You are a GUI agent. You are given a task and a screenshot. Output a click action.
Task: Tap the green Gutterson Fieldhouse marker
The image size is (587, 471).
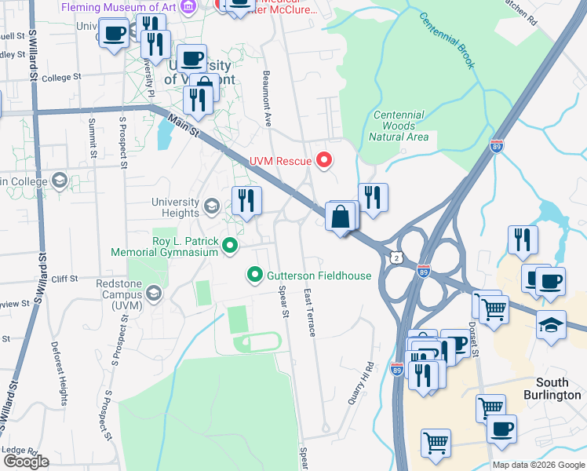tap(254, 275)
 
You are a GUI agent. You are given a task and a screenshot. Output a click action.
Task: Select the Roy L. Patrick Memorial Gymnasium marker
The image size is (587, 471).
tap(230, 246)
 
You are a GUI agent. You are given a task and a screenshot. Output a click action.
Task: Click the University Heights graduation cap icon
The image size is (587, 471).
tap(211, 206)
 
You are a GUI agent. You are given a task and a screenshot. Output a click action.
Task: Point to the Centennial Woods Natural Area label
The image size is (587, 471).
tap(399, 126)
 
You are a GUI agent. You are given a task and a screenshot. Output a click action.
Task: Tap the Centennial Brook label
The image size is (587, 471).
tap(446, 40)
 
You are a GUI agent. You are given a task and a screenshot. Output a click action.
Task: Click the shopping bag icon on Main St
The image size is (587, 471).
tap(341, 217)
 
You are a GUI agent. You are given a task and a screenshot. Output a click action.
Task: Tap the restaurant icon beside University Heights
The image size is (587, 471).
tap(246, 201)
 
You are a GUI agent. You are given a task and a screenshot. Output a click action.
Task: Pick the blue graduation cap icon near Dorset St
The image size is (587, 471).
tap(551, 323)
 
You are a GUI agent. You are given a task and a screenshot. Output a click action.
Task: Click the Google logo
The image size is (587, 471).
tap(26, 461)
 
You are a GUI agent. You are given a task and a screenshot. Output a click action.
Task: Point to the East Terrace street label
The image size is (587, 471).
tap(309, 312)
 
